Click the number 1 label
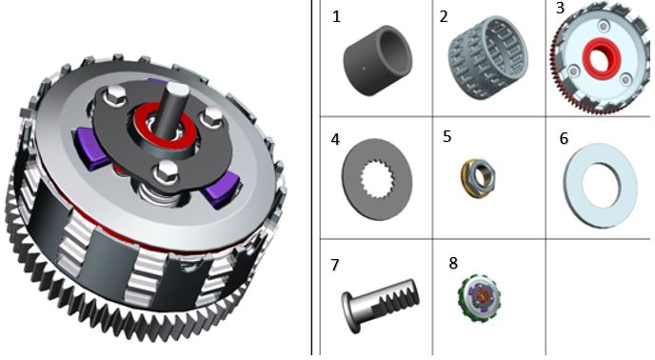click(337, 17)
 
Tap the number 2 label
click(444, 16)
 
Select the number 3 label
click(560, 8)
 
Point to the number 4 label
click(335, 140)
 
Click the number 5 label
click(447, 137)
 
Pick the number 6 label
click(564, 138)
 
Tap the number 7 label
click(334, 265)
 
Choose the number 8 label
click(453, 263)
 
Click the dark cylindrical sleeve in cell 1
click(377, 61)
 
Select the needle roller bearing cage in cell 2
click(488, 58)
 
